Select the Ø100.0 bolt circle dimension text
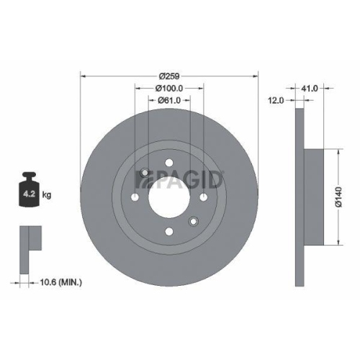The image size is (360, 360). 170,89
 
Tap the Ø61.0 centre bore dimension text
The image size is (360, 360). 170,101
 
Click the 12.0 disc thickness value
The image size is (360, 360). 276,100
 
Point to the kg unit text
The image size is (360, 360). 47,194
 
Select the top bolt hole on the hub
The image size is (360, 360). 169,163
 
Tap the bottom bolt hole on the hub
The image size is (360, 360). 169,230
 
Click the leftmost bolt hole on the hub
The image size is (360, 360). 135,197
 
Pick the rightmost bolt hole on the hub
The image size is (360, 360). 203,197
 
